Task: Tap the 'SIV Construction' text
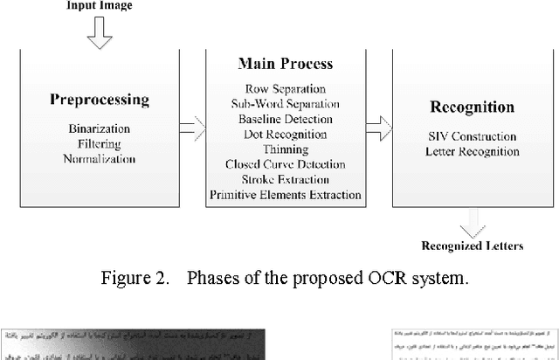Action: tap(461, 136)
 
